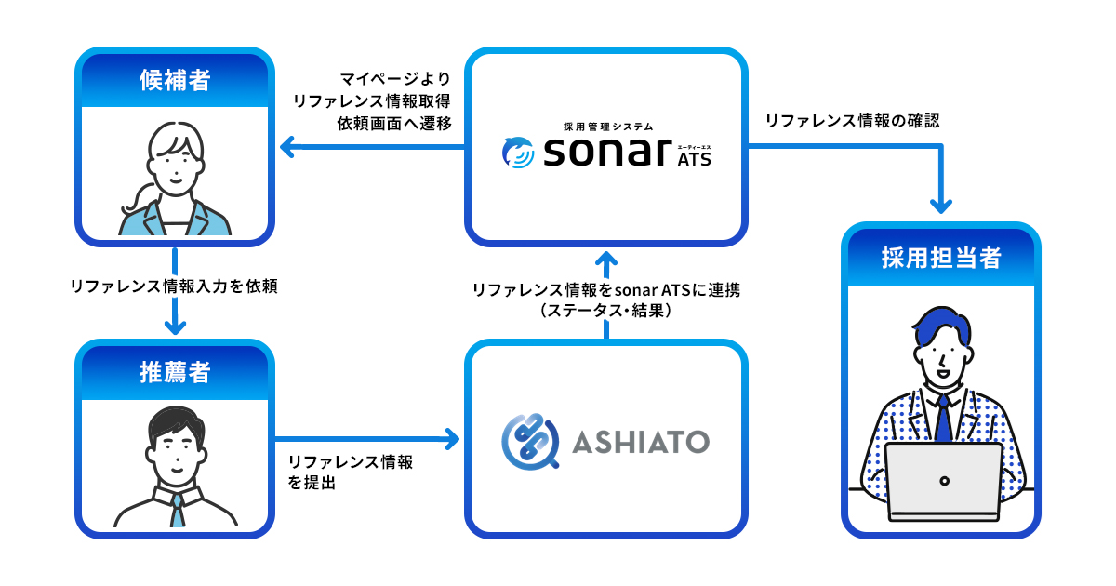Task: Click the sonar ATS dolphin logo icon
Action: (x=516, y=153)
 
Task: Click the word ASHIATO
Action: (x=641, y=440)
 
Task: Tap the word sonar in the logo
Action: (x=605, y=153)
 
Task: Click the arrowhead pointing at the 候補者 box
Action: (x=286, y=145)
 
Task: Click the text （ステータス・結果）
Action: (x=605, y=313)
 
